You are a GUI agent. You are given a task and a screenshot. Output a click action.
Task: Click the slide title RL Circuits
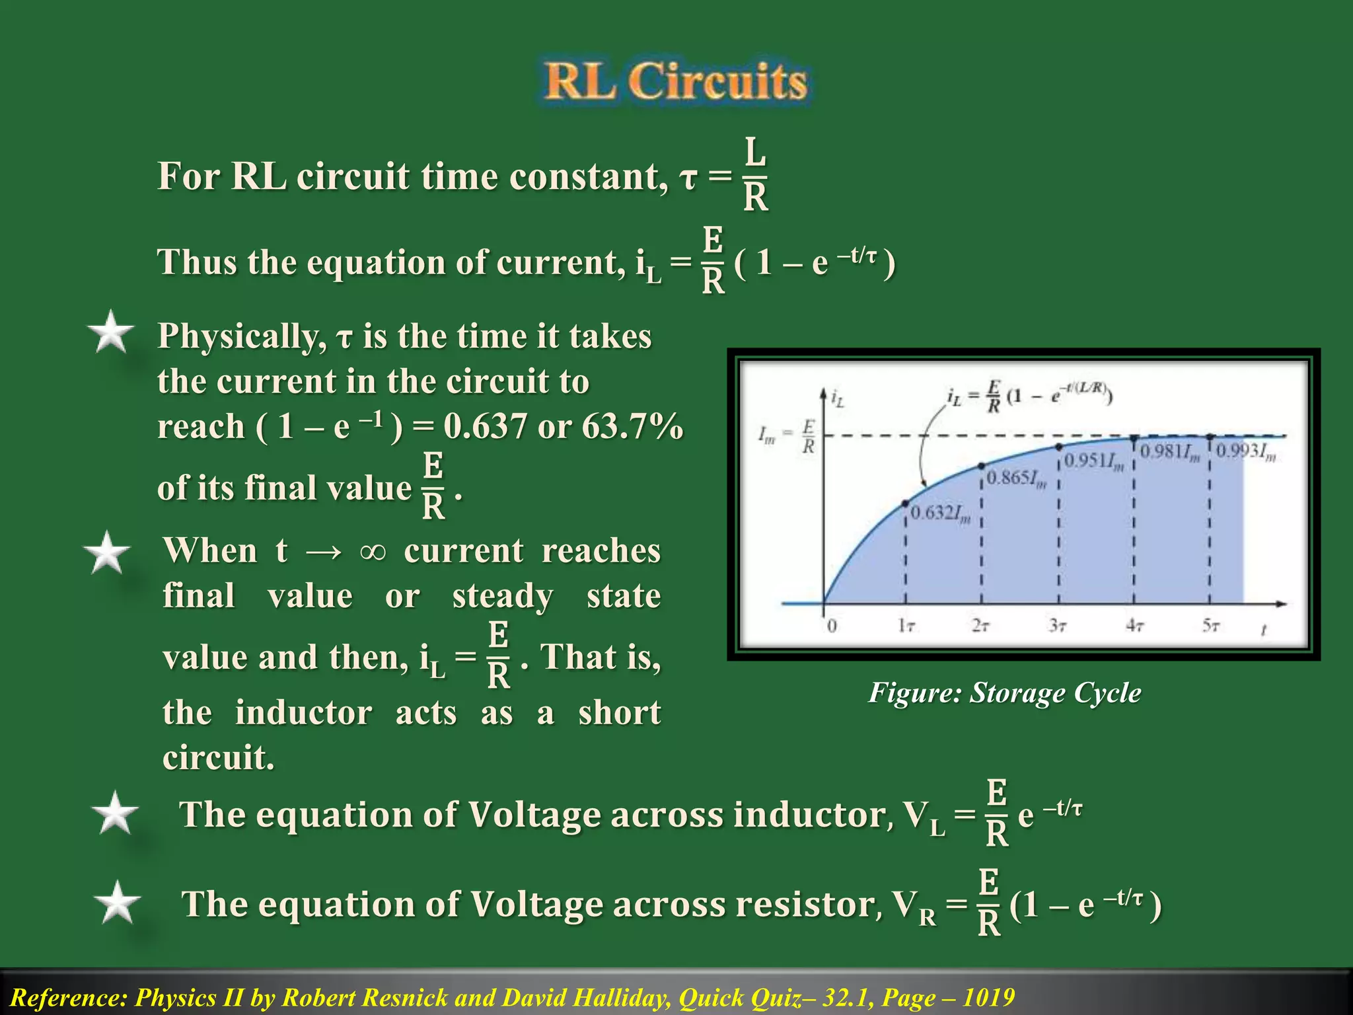(x=675, y=82)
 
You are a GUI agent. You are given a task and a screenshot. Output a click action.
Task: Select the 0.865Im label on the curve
(x=1017, y=478)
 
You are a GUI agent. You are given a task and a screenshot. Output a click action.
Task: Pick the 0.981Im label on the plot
(x=1170, y=453)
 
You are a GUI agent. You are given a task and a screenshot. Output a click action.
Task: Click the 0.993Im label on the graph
(x=1246, y=452)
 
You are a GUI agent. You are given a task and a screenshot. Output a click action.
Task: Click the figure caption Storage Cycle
(x=1004, y=693)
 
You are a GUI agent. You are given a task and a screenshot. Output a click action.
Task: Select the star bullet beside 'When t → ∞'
(x=106, y=553)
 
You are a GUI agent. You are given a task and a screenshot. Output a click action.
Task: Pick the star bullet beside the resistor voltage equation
(x=117, y=903)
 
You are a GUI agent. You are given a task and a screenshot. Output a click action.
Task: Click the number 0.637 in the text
(x=485, y=426)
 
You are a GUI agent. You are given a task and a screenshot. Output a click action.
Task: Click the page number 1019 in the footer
(x=988, y=997)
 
